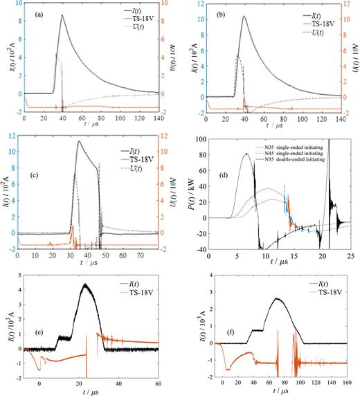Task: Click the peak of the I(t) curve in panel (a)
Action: [62, 15]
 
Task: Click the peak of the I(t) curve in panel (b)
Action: [244, 16]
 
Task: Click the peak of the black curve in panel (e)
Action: [84, 285]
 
